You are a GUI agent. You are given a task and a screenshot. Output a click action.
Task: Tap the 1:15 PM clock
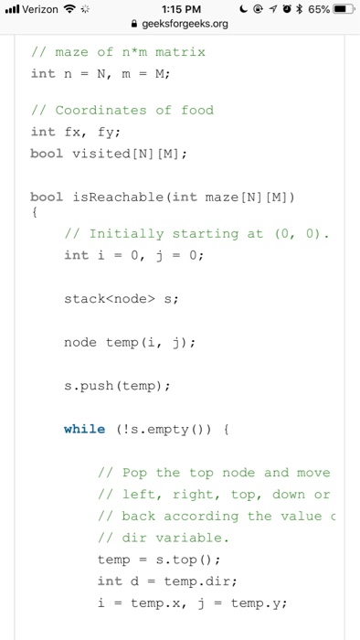pos(179,10)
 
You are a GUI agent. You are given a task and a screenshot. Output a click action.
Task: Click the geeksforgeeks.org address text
pos(185,25)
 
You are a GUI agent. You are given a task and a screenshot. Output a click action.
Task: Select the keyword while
pos(84,429)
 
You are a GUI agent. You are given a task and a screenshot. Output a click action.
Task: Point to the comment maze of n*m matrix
pos(118,52)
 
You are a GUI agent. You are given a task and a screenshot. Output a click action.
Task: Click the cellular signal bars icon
pos(12,10)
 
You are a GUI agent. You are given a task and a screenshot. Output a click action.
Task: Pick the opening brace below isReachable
pos(34,214)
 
